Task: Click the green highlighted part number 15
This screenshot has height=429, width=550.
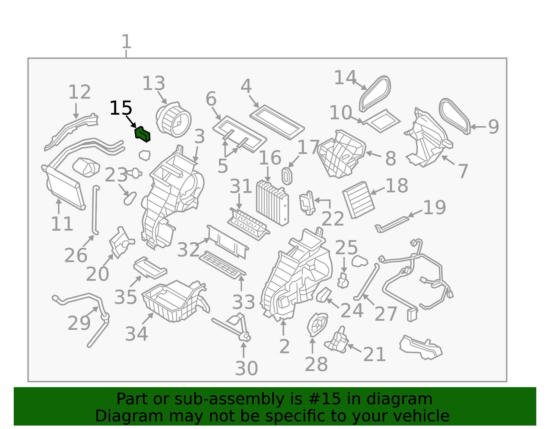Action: click(143, 134)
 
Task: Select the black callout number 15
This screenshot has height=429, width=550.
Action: click(121, 108)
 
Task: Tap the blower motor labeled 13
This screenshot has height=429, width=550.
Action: click(174, 120)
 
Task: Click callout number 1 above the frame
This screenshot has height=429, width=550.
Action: click(126, 42)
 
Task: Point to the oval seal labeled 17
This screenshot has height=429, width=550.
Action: click(287, 176)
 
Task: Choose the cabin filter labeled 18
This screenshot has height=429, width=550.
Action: click(359, 200)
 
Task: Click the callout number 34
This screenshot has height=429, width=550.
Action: click(136, 334)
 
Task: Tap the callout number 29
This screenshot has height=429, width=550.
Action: click(79, 323)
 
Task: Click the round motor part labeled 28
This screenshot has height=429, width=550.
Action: click(317, 325)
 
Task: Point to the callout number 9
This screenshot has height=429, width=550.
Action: click(493, 127)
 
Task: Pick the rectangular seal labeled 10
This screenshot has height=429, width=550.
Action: click(381, 121)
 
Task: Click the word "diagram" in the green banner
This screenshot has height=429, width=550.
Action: click(399, 399)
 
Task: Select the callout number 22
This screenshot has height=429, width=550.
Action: click(333, 219)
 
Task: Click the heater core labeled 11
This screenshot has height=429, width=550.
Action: click(63, 187)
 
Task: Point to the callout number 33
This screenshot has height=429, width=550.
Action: click(243, 302)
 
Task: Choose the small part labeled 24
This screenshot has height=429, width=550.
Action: click(324, 295)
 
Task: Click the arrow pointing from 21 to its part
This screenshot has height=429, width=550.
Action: click(354, 348)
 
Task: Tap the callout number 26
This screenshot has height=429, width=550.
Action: click(76, 255)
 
